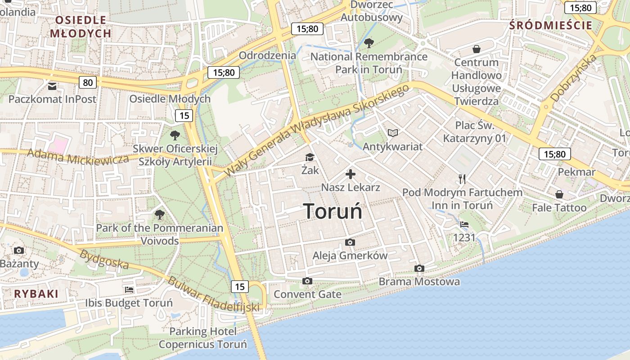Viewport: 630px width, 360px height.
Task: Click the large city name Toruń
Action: (333, 211)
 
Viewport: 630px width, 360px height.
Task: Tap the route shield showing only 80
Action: (88, 82)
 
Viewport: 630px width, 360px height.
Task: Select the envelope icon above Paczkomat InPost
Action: (52, 85)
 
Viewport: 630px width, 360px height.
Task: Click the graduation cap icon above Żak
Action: (310, 157)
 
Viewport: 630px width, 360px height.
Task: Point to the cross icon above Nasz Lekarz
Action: (351, 174)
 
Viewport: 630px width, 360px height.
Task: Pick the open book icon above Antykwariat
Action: (393, 133)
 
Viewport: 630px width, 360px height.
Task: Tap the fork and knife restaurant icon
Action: (462, 179)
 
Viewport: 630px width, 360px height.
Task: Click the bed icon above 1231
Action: (464, 224)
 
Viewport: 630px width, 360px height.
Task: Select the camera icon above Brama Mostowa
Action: (419, 269)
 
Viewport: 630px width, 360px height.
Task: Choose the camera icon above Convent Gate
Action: (307, 281)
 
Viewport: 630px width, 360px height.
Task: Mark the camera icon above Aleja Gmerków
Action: (350, 243)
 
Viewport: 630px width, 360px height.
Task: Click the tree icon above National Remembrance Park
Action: (369, 43)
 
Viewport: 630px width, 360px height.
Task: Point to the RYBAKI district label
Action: (36, 294)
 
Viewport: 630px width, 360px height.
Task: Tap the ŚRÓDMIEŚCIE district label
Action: (551, 25)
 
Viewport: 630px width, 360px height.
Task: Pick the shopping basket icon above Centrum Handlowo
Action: (476, 49)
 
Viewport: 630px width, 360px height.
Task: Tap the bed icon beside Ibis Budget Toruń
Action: (129, 289)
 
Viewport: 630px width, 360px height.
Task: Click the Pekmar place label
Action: (576, 172)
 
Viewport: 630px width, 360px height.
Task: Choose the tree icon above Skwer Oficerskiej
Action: (175, 135)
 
